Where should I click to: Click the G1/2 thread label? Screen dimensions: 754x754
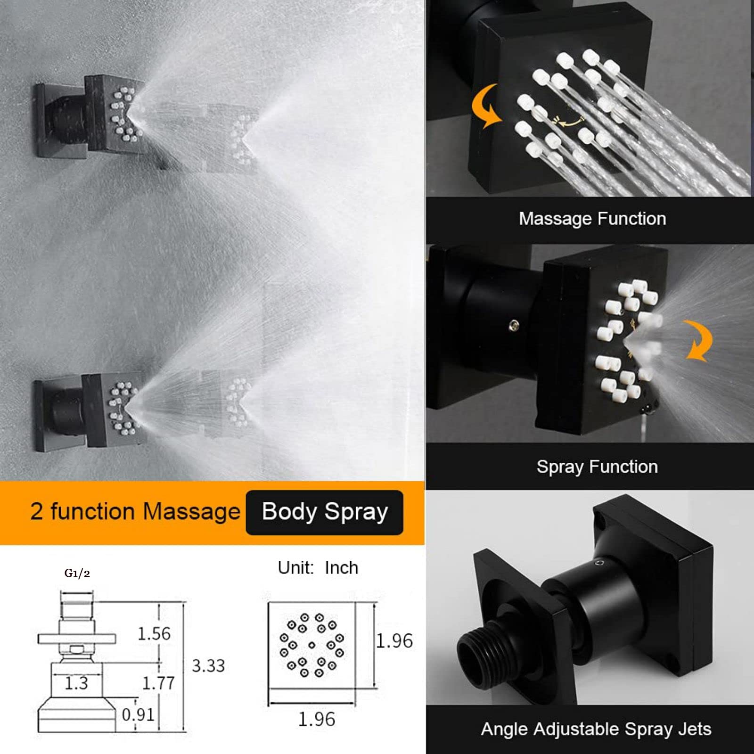pyautogui.click(x=77, y=574)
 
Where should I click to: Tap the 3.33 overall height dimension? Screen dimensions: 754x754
pyautogui.click(x=208, y=666)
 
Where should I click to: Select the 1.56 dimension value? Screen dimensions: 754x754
pyautogui.click(x=154, y=634)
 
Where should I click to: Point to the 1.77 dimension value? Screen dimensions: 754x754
pyautogui.click(x=159, y=683)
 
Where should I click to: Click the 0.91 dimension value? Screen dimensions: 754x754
pyautogui.click(x=138, y=715)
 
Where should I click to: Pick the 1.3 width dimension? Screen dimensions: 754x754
pyautogui.click(x=76, y=683)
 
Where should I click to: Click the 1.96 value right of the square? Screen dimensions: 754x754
pyautogui.click(x=394, y=641)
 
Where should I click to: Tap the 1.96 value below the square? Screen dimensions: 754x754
pyautogui.click(x=317, y=719)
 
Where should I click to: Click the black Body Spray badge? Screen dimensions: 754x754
pyautogui.click(x=325, y=512)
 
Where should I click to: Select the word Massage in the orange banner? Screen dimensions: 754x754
pyautogui.click(x=191, y=512)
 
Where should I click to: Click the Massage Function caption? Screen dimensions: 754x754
pyautogui.click(x=592, y=219)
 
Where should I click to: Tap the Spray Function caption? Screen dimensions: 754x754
pyautogui.click(x=597, y=467)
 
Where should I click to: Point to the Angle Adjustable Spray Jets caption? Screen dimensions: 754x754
pyautogui.click(x=596, y=729)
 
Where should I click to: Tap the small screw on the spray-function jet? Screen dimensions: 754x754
pyautogui.click(x=515, y=324)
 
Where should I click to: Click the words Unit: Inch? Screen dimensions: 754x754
pyautogui.click(x=318, y=568)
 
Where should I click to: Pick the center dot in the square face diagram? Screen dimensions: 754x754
pyautogui.click(x=311, y=645)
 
